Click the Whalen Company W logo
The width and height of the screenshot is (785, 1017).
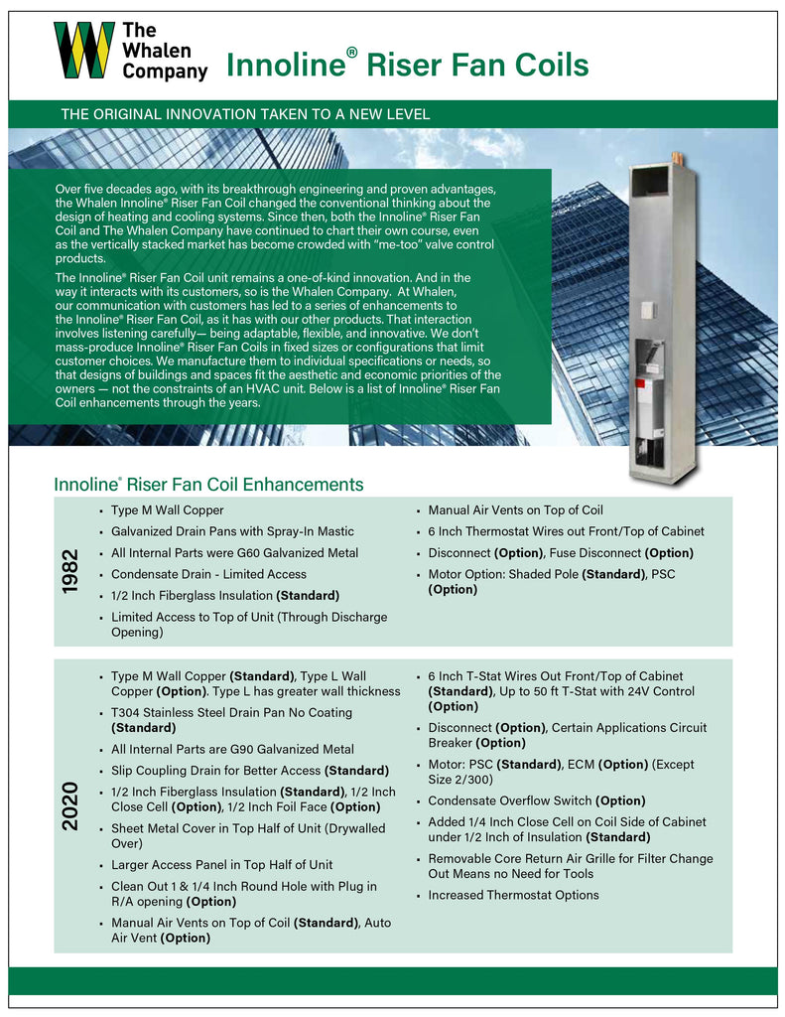[83, 51]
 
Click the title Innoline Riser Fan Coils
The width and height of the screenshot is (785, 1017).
[407, 66]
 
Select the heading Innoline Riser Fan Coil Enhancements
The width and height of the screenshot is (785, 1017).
[208, 485]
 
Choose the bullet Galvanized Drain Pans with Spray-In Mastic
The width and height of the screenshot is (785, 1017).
[232, 531]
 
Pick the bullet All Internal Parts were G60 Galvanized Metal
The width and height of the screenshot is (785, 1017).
[234, 552]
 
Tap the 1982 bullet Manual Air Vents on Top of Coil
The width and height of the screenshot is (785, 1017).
[515, 509]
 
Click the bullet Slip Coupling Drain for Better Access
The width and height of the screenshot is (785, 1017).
[235, 770]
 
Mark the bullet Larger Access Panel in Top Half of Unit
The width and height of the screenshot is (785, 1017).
[221, 864]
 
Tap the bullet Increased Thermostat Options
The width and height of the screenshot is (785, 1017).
[513, 895]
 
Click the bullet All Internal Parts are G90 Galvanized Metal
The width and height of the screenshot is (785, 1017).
[232, 749]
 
